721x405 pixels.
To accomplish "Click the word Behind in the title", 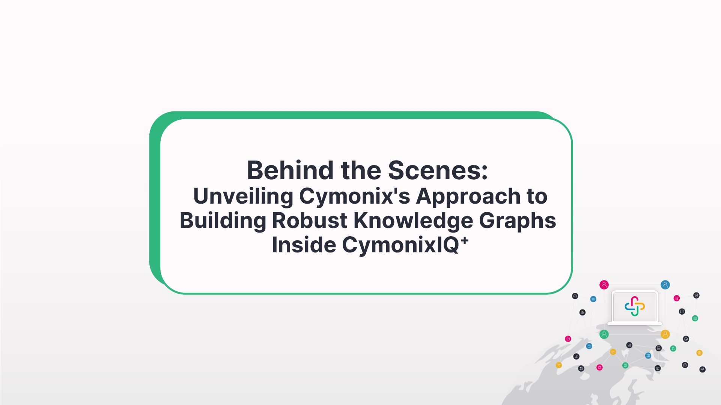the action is pyautogui.click(x=290, y=170).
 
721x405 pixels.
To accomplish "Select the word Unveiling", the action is pyautogui.click(x=243, y=196).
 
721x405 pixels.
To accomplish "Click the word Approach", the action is pyautogui.click(x=468, y=196).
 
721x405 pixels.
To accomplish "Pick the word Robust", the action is pyautogui.click(x=310, y=220).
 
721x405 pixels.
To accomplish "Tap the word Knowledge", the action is pyautogui.click(x=413, y=220).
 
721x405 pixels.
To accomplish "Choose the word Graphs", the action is pyautogui.click(x=518, y=220).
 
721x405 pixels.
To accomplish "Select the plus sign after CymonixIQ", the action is pyautogui.click(x=465, y=241).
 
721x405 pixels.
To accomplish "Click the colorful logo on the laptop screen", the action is pyautogui.click(x=635, y=306).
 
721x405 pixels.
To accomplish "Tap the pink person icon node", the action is pyautogui.click(x=604, y=285).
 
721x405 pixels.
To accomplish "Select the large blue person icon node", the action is pyautogui.click(x=665, y=285).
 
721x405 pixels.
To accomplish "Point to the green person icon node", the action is pyautogui.click(x=604, y=334).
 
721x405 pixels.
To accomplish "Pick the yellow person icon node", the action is pyautogui.click(x=665, y=334).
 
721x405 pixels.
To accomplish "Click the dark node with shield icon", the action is pyautogui.click(x=696, y=295).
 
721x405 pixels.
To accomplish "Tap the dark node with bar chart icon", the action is pyautogui.click(x=576, y=357).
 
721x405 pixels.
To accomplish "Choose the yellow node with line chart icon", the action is pyautogui.click(x=613, y=352).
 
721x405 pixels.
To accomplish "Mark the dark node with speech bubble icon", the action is pyautogui.click(x=685, y=365).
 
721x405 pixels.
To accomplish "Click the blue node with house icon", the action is pyautogui.click(x=593, y=299).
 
